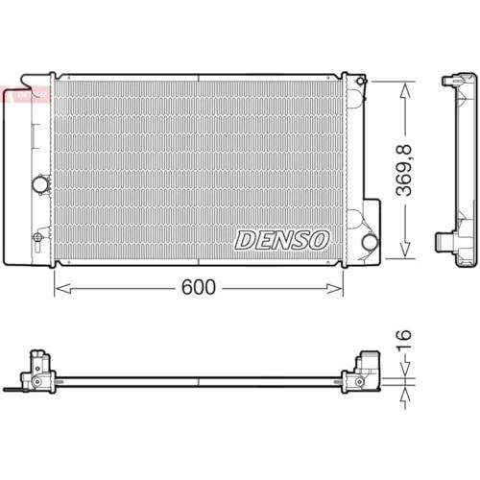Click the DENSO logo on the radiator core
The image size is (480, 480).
(282, 240)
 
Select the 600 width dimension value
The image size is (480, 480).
(199, 287)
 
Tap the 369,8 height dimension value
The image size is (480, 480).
(403, 171)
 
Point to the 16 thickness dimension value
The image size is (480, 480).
(404, 339)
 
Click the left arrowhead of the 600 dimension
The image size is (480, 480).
(62, 289)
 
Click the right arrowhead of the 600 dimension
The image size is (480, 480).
(334, 289)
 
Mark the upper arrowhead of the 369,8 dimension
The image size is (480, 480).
(405, 90)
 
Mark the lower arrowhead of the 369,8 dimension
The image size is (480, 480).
(405, 250)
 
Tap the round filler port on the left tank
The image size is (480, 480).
(40, 184)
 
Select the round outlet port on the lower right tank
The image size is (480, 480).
(370, 242)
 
